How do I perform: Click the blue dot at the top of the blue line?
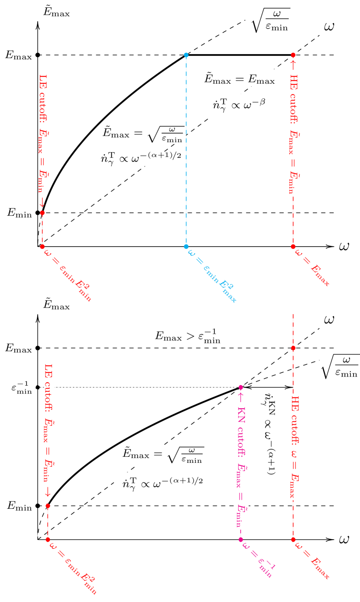(186, 55)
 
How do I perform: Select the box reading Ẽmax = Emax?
(240, 80)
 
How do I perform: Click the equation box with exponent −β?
(240, 105)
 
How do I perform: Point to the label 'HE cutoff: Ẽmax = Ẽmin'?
(294, 127)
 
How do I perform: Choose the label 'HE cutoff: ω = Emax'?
(295, 447)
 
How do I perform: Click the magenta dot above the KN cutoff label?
(241, 387)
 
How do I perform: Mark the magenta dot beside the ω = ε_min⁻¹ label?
(241, 540)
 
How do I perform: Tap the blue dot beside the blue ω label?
(186, 247)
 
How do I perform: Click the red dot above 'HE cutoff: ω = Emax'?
(293, 348)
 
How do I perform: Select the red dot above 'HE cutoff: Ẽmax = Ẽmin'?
(293, 55)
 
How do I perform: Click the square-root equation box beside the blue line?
(142, 134)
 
